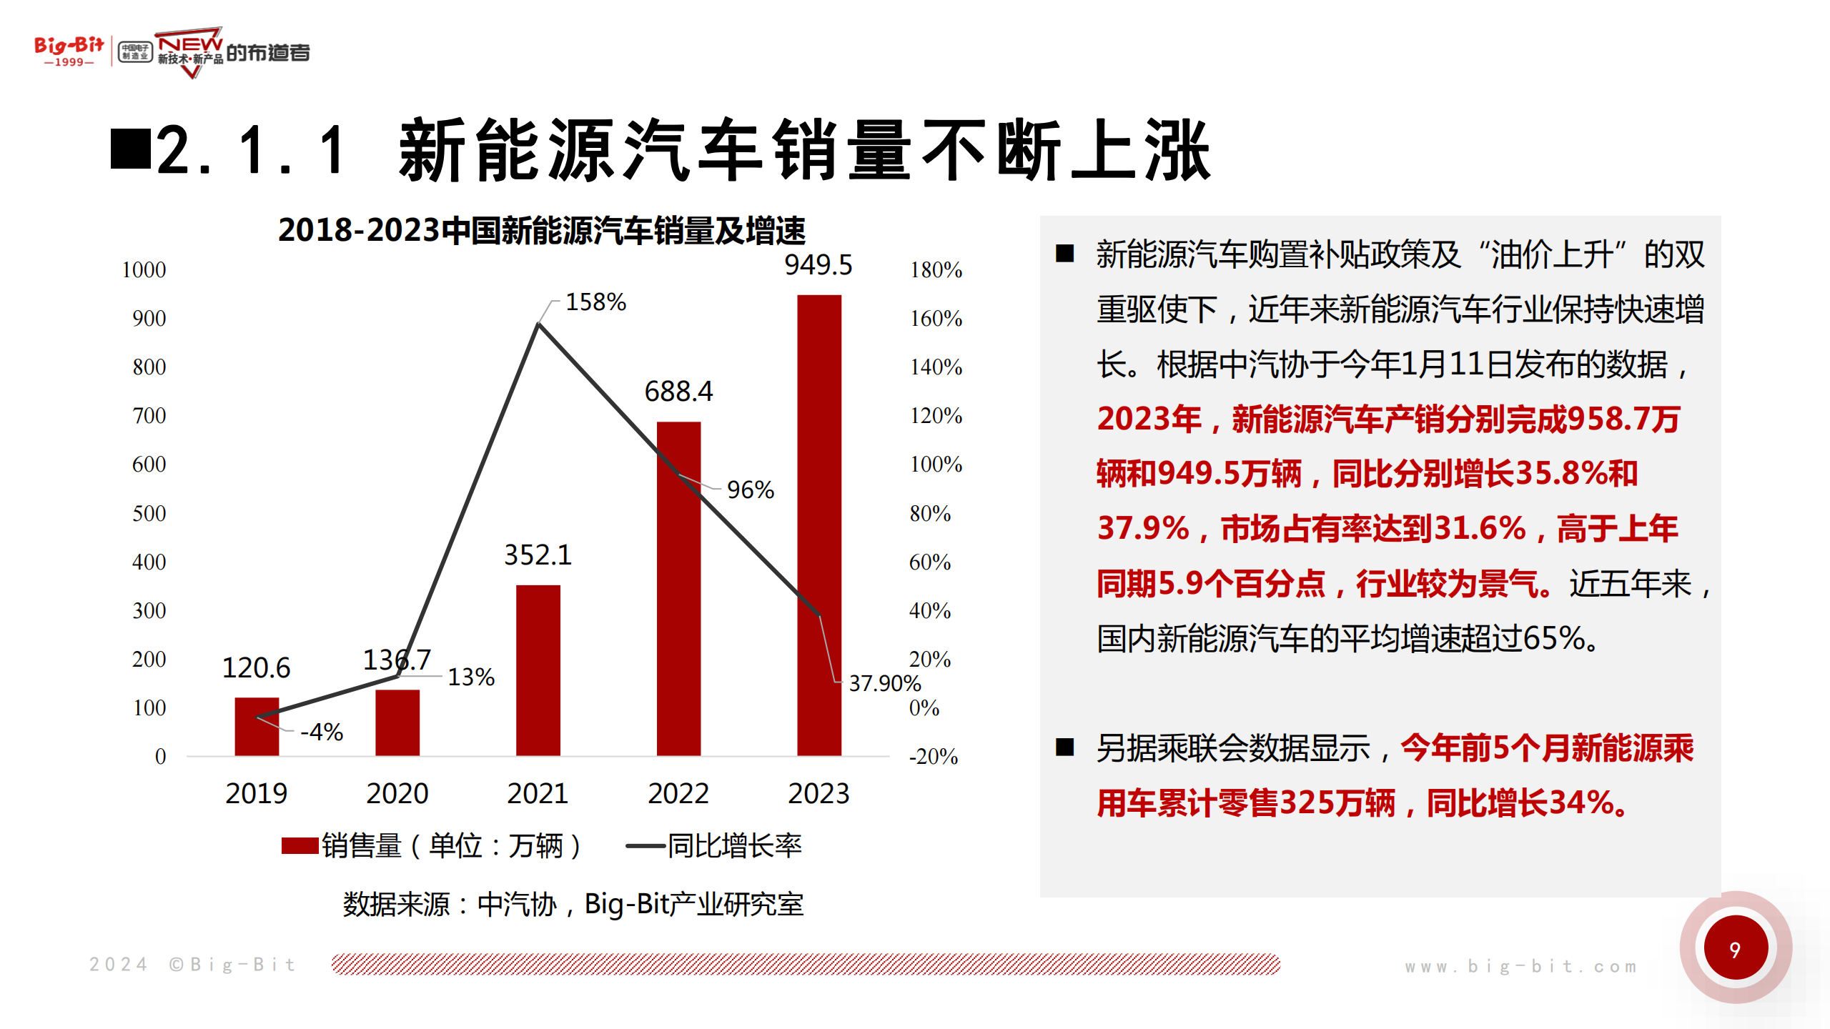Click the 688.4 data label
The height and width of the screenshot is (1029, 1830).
coord(678,392)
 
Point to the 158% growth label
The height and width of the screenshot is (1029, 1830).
coord(595,302)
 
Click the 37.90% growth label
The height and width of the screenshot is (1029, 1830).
coord(884,684)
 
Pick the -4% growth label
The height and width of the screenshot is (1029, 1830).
coord(322,732)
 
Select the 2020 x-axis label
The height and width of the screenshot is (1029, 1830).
coord(397,794)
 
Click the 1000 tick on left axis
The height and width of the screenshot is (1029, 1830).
coord(144,270)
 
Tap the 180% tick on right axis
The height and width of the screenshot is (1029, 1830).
coord(936,270)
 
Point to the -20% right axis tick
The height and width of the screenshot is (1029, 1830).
coord(933,757)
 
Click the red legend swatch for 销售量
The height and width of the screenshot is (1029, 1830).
coord(300,846)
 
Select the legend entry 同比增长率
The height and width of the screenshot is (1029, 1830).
coord(734,846)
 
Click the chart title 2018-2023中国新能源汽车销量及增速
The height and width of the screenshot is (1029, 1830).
coord(541,230)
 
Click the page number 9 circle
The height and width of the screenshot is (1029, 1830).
coord(1735,949)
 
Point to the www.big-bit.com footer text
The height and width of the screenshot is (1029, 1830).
coord(1520,967)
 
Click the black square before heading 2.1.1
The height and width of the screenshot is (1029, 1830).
coord(130,149)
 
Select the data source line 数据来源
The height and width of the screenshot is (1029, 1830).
coord(573,905)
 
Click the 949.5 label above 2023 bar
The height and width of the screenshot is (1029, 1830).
coord(818,265)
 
